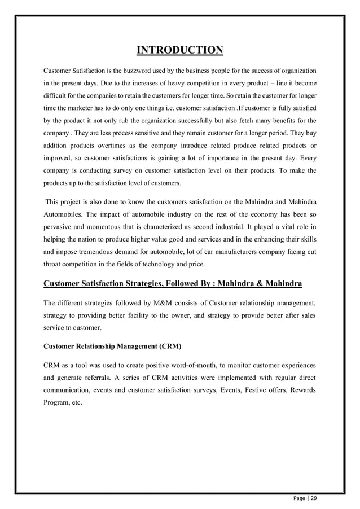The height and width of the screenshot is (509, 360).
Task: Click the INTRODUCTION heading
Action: point(180,51)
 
